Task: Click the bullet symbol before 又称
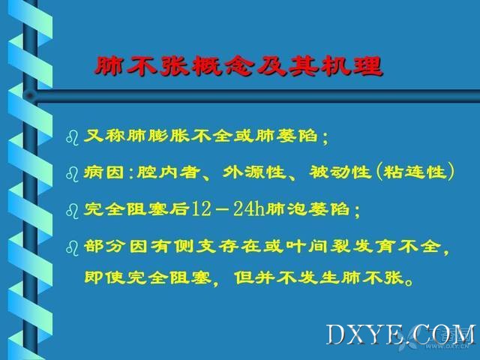[x=72, y=137]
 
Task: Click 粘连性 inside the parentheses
[x=415, y=172]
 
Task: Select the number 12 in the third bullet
[x=201, y=209]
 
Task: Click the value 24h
[x=249, y=209]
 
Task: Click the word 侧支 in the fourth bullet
[x=196, y=246]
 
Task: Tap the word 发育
[x=373, y=246]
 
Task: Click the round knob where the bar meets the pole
[x=30, y=96]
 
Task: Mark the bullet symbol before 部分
[x=72, y=248]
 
